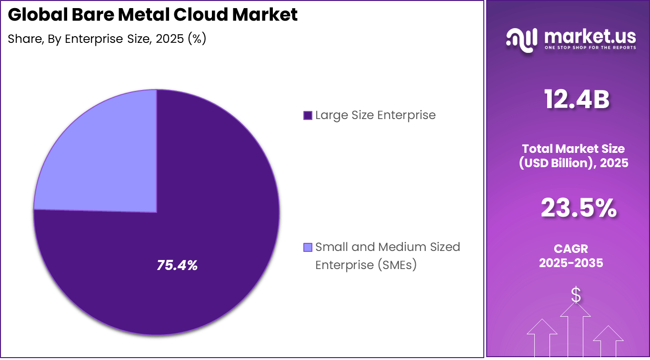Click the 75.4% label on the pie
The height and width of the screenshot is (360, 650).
click(177, 266)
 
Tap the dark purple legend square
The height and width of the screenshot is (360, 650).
click(308, 115)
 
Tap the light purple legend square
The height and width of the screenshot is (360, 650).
click(308, 247)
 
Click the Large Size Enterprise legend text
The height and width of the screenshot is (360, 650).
click(375, 115)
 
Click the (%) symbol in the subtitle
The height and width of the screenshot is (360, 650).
click(197, 39)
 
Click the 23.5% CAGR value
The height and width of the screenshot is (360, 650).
click(578, 209)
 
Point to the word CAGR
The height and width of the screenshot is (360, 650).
click(570, 249)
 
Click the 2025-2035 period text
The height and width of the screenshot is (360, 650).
click(570, 262)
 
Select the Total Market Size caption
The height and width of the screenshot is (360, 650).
click(573, 149)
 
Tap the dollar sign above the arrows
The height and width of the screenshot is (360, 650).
click(576, 295)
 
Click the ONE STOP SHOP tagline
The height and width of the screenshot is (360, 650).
click(590, 48)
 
